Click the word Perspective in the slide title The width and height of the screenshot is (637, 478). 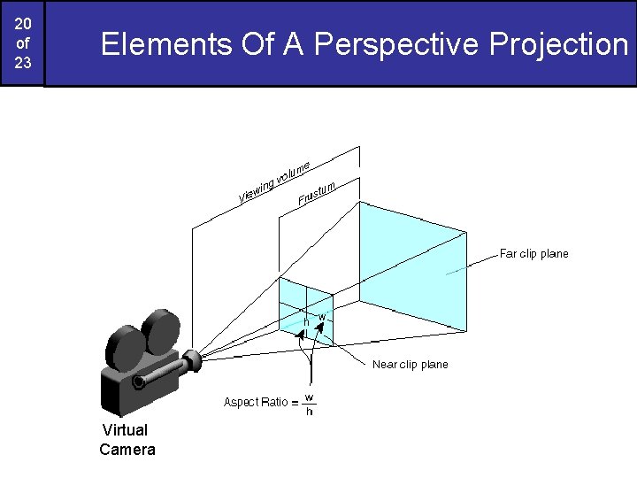(394, 43)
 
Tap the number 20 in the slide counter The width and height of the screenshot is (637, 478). (22, 22)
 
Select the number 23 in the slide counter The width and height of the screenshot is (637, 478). (22, 64)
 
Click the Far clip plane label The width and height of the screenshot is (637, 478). (533, 254)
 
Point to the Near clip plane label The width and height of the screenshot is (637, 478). (410, 365)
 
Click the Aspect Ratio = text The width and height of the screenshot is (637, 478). (261, 403)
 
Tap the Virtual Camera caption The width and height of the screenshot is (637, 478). (127, 440)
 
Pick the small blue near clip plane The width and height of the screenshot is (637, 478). (306, 305)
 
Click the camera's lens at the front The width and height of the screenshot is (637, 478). (192, 359)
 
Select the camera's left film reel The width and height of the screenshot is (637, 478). (123, 348)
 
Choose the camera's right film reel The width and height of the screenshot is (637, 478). (160, 330)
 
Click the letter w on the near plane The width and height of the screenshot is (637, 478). (322, 316)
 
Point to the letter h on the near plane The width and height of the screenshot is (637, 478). (307, 320)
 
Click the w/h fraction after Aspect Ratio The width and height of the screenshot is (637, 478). (310, 404)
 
